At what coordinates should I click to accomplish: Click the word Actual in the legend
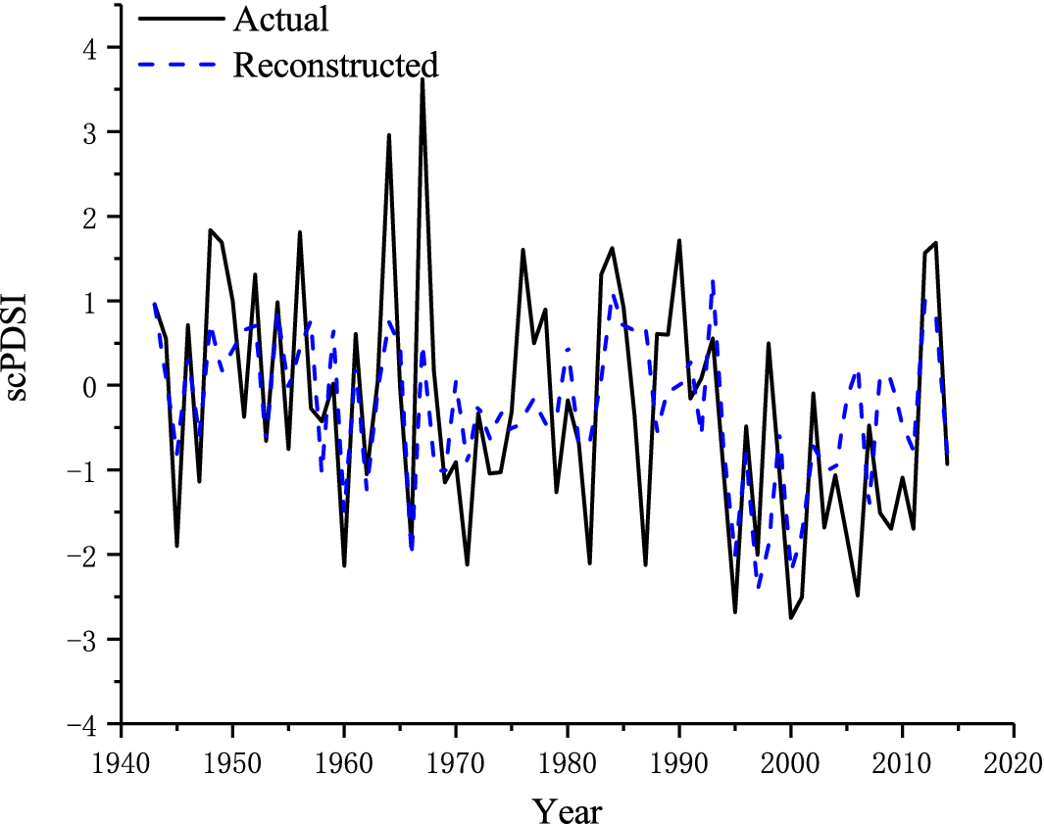279,19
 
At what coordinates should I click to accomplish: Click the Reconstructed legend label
334,65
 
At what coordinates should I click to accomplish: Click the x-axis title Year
567,809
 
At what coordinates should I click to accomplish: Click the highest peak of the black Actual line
422,78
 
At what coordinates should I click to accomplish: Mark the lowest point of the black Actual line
790,617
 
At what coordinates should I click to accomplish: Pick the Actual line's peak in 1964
389,135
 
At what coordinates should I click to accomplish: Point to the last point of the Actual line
947,463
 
